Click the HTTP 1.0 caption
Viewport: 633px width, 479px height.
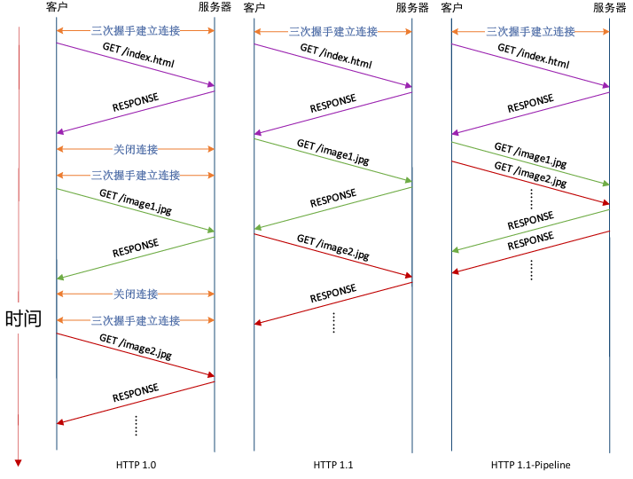coord(136,464)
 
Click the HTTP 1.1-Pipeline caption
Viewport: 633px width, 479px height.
coord(530,464)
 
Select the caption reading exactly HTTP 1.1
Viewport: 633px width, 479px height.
coord(333,464)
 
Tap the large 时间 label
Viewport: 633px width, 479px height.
coord(23,318)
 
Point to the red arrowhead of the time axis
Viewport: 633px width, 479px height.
coord(18,461)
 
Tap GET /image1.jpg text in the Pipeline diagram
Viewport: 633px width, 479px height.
coord(530,155)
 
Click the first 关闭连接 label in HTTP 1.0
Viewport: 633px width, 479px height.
coord(136,148)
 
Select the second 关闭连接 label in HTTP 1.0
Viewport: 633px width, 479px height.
coord(136,294)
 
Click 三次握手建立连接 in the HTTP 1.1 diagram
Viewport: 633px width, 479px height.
coord(333,32)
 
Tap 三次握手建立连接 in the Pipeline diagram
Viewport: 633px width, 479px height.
coord(531,32)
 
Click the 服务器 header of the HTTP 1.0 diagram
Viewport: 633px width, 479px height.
coord(215,8)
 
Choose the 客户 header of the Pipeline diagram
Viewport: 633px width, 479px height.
coord(452,8)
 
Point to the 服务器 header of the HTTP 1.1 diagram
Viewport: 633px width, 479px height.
coord(412,8)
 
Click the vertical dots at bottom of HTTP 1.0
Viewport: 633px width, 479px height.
coord(136,425)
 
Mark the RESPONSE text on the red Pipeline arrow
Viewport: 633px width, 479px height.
coord(530,241)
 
